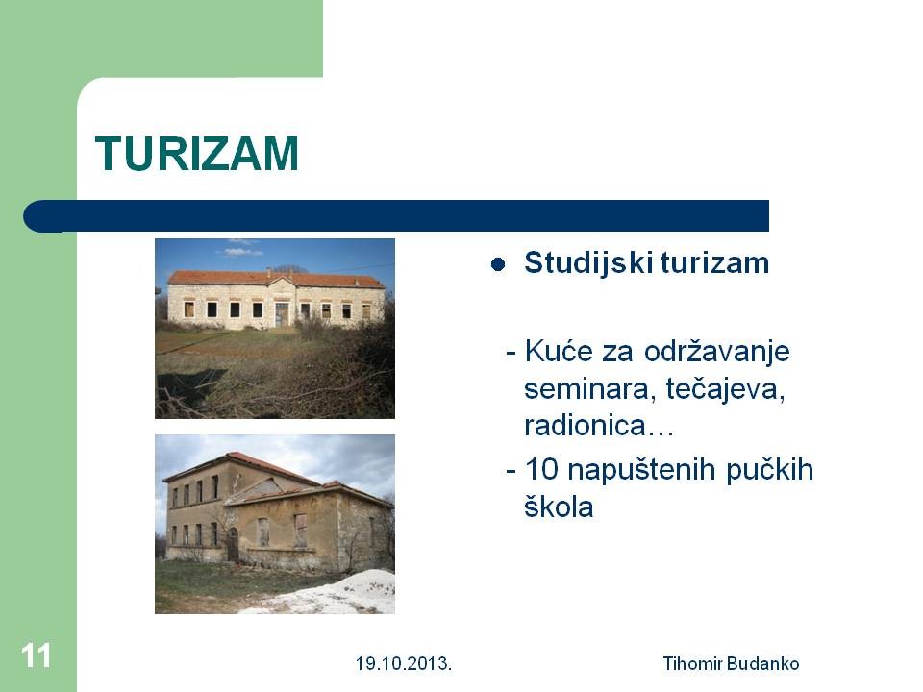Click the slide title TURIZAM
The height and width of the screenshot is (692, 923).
click(x=196, y=154)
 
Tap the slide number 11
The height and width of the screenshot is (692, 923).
click(x=36, y=655)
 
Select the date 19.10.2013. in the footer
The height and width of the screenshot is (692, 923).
click(x=403, y=664)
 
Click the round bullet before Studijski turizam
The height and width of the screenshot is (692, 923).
click(x=498, y=265)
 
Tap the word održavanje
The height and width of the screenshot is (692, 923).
click(x=716, y=353)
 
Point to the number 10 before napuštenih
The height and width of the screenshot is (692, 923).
click(x=541, y=470)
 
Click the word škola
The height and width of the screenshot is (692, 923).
click(x=559, y=507)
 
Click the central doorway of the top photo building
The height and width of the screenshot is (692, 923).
click(x=283, y=315)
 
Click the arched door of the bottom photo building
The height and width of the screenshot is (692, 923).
click(x=233, y=544)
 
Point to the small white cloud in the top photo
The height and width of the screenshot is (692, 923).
click(x=242, y=252)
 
